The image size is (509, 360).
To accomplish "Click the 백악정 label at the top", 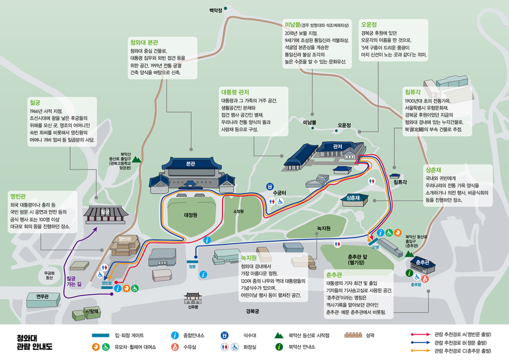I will (x=216, y=10).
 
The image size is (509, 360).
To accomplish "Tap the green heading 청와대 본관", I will (x=144, y=42).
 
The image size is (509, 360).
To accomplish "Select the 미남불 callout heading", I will (x=292, y=24).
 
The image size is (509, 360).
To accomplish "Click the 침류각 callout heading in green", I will (x=413, y=92).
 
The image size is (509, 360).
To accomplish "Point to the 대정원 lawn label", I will (x=191, y=215).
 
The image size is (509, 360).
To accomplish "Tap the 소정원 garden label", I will (x=238, y=211).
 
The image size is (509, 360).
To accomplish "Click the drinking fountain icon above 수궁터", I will (x=270, y=186).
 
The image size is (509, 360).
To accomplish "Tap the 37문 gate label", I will (x=375, y=247).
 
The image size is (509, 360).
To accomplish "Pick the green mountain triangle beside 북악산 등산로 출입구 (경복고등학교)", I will (x=136, y=159).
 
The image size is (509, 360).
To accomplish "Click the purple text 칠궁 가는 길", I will (x=74, y=281).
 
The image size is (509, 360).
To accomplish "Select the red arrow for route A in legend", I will (x=420, y=334).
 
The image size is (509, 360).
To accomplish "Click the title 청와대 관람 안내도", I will (x=35, y=342).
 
